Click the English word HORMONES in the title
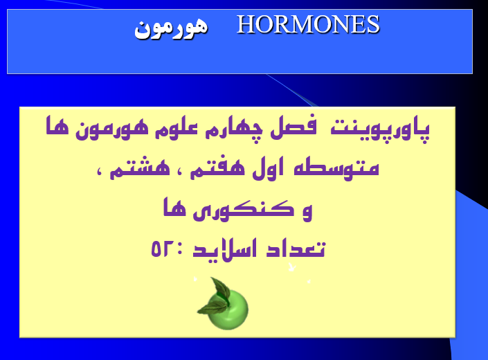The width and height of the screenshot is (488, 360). [308, 25]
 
